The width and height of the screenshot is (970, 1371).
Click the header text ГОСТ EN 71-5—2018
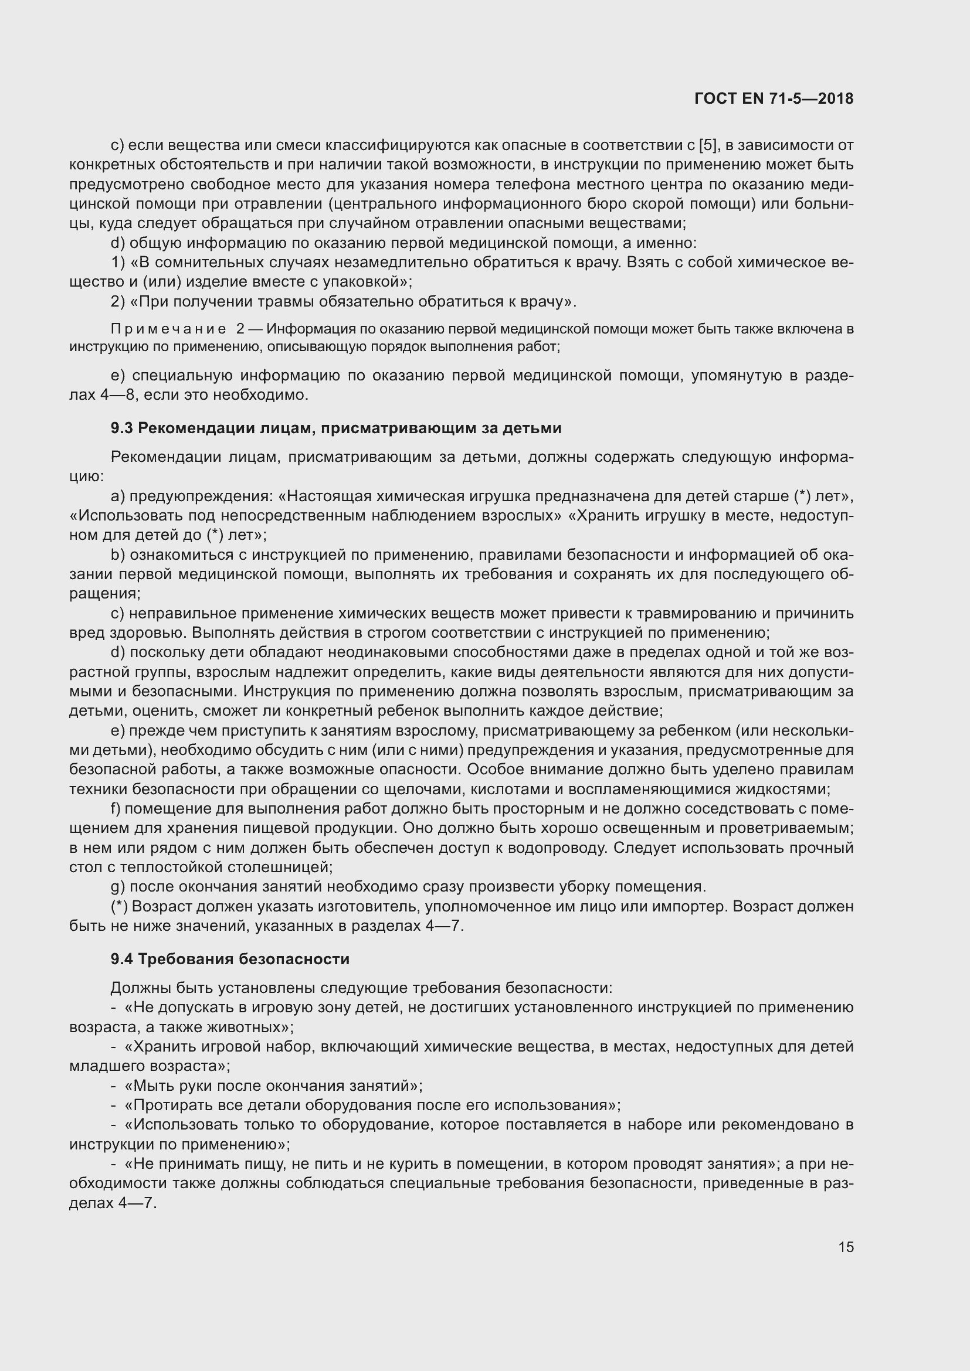[x=774, y=99]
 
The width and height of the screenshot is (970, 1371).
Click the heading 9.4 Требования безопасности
[x=230, y=960]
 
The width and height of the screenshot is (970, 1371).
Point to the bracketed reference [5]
[x=708, y=145]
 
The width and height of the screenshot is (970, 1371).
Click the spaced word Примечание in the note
[x=168, y=329]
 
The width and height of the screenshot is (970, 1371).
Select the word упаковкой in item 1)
[x=365, y=282]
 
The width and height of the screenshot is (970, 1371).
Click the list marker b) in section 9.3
[x=117, y=554]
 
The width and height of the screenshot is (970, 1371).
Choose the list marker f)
[x=116, y=809]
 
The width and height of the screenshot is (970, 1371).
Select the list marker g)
[x=117, y=887]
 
